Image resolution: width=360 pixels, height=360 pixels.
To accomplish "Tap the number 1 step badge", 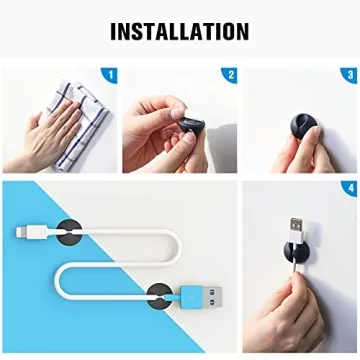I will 109,75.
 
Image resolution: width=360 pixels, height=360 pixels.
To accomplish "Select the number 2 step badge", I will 230,75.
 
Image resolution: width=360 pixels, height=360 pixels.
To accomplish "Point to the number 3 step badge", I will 349,75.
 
